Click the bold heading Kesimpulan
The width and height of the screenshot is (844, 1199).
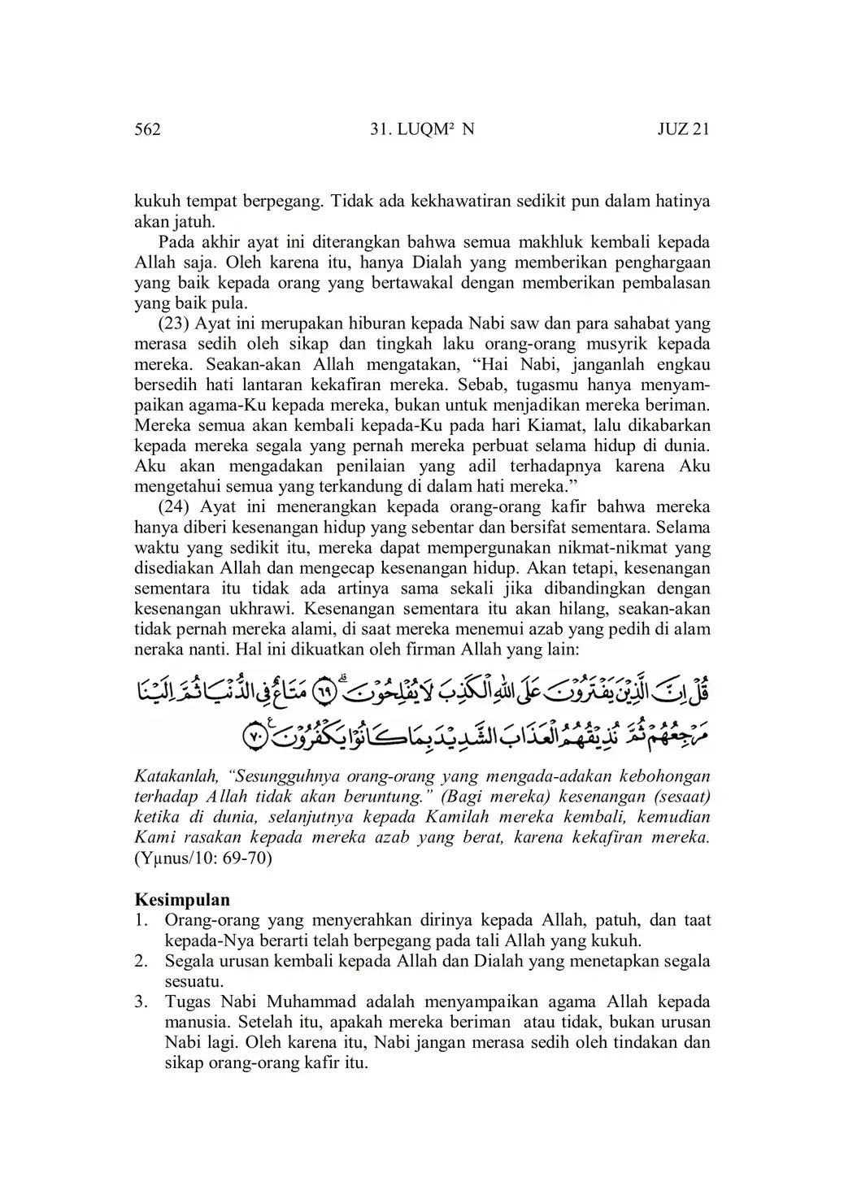(x=181, y=900)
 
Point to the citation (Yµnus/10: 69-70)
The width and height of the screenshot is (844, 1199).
(x=203, y=858)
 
